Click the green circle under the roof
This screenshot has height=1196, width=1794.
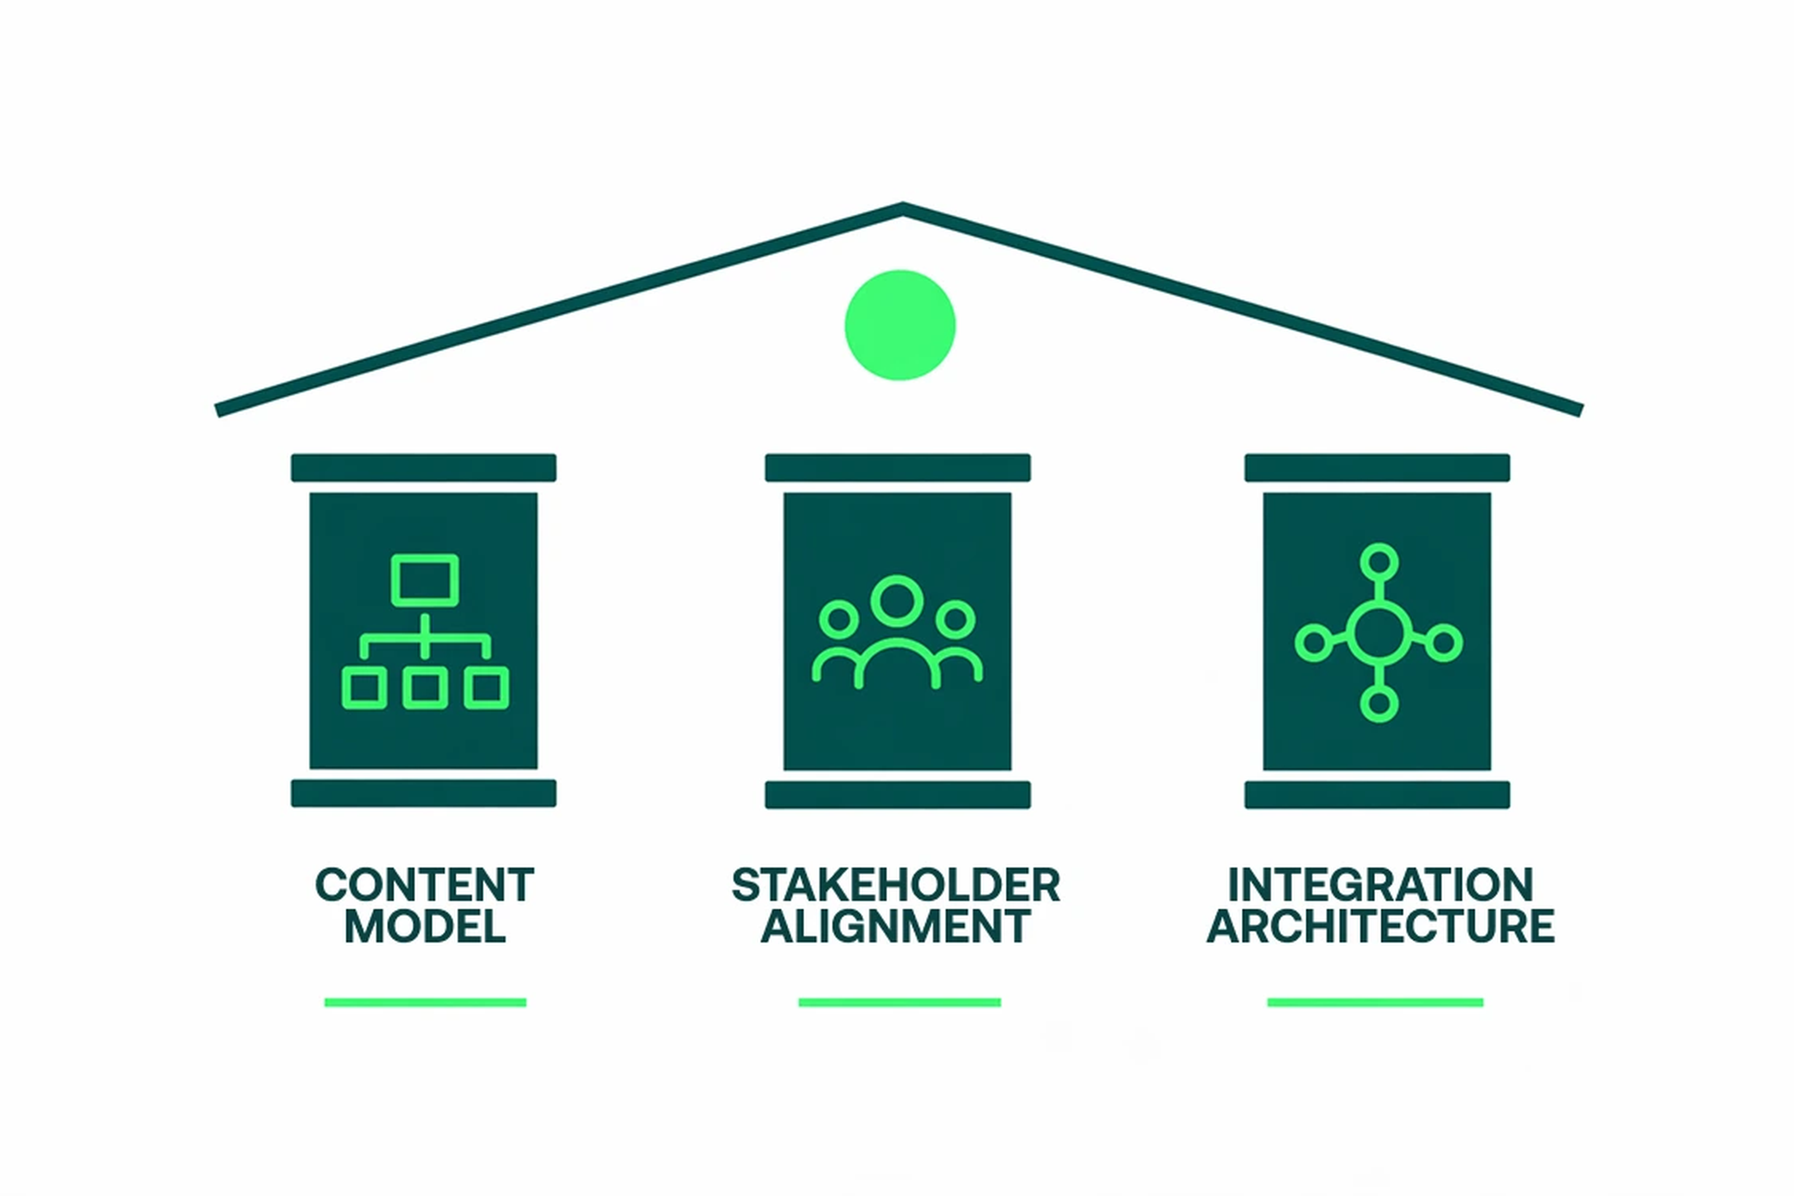click(900, 325)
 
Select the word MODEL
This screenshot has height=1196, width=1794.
click(425, 927)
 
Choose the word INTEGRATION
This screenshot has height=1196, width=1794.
click(1380, 885)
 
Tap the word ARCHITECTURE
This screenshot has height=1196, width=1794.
click(1380, 927)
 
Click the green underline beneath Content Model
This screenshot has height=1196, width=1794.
click(425, 1002)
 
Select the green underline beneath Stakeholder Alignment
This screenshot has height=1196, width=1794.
click(899, 1002)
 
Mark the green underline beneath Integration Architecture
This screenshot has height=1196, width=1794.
click(1375, 1002)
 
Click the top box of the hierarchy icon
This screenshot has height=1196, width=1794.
click(425, 580)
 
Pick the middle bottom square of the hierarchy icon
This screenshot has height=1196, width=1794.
click(425, 688)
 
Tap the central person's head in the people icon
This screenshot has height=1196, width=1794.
click(897, 601)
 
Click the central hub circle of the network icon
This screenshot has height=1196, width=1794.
click(1379, 634)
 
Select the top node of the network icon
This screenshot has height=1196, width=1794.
click(1379, 563)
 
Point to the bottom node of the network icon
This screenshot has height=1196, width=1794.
click(1379, 703)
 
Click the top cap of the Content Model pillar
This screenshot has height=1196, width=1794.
click(423, 468)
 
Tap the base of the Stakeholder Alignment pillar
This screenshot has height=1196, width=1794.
click(898, 795)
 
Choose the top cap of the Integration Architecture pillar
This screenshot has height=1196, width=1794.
click(1377, 468)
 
